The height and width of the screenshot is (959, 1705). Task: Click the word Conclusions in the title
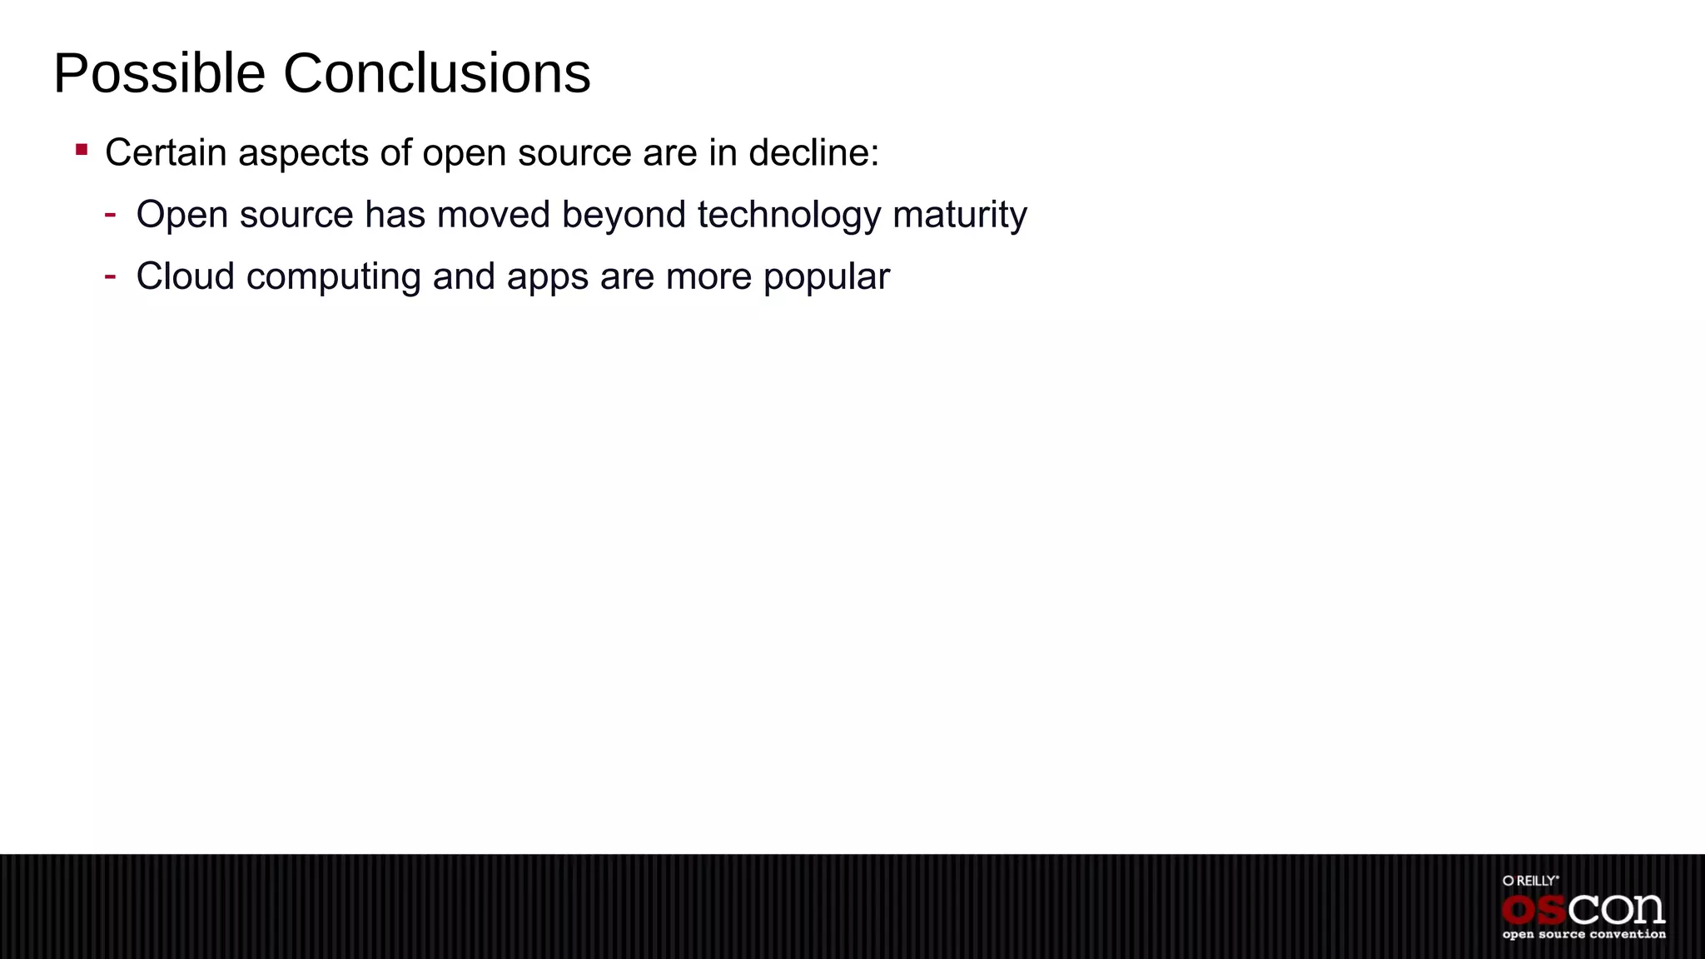[x=436, y=74]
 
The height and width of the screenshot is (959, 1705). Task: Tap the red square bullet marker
[x=82, y=150]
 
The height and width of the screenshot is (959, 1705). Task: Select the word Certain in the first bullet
[x=166, y=153]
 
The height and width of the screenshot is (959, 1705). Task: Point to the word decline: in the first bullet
[x=813, y=153]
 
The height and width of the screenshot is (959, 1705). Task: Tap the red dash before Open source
[x=110, y=214]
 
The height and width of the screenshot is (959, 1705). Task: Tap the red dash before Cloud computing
[x=110, y=275]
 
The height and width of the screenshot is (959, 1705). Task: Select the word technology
[x=788, y=216]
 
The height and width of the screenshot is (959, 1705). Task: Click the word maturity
[x=959, y=216]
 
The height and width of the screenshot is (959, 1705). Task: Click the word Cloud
[x=185, y=276]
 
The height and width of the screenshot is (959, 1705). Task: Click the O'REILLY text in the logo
[x=1530, y=881]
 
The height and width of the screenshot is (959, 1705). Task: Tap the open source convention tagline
[x=1583, y=935]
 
